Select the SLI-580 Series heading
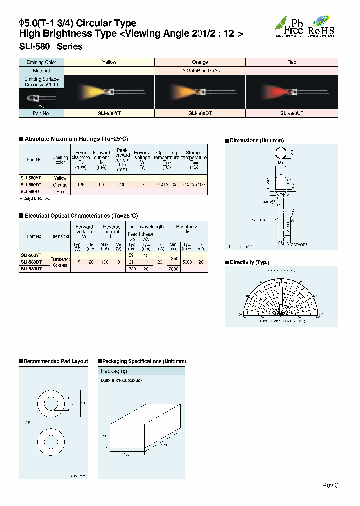click(x=51, y=47)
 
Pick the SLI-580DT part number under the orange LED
click(x=200, y=114)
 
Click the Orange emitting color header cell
click(x=200, y=62)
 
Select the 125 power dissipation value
click(x=80, y=185)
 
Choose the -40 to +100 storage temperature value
click(x=194, y=185)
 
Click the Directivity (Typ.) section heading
click(x=249, y=262)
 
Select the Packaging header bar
click(x=142, y=371)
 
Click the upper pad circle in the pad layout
click(x=50, y=403)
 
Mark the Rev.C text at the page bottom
click(x=330, y=485)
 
